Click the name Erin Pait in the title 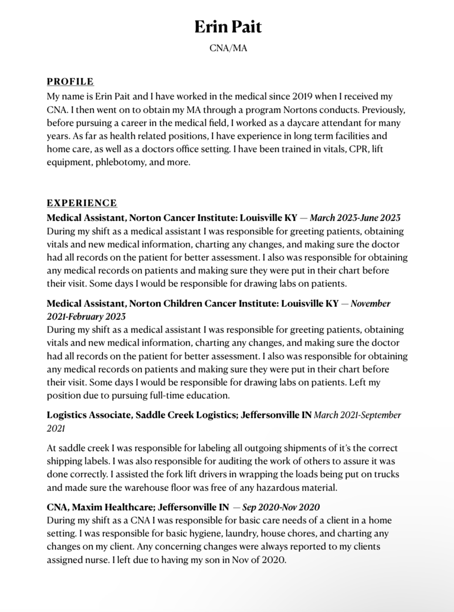pos(228,27)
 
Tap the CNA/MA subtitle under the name pos(228,48)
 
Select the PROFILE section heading pos(70,81)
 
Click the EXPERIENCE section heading pos(82,203)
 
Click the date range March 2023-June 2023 pos(355,218)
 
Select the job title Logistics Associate pos(88,415)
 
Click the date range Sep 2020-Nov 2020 pos(281,507)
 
